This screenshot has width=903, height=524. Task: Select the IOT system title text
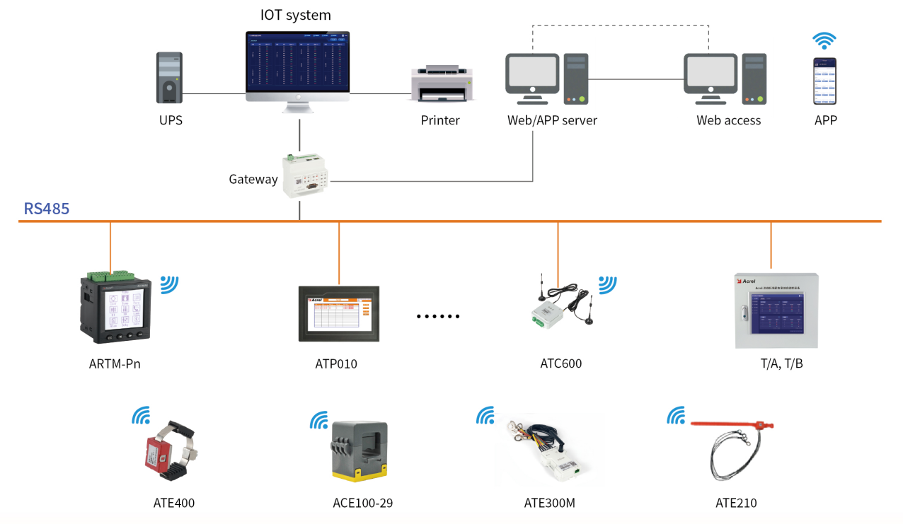click(x=295, y=15)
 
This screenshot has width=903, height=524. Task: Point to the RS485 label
click(x=47, y=209)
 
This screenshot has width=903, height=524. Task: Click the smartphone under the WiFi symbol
click(x=824, y=81)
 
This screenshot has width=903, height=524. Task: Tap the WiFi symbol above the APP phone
click(x=824, y=40)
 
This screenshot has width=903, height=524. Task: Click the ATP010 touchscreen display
click(x=339, y=313)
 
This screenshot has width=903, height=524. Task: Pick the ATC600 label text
click(x=560, y=364)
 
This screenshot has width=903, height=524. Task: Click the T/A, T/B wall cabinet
click(x=776, y=310)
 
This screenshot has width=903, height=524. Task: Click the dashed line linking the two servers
click(x=620, y=26)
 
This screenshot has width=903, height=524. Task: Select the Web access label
click(x=728, y=121)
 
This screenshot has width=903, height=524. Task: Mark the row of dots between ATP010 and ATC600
click(x=438, y=316)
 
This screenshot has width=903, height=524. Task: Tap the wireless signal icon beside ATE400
click(x=141, y=415)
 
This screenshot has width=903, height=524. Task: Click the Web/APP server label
click(x=552, y=121)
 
